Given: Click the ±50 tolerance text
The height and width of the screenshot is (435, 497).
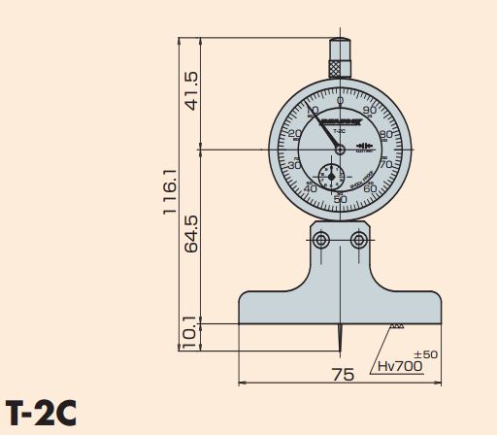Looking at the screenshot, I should pyautogui.click(x=425, y=354).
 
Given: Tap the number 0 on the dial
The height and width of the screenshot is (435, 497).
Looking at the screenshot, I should pyautogui.click(x=340, y=101).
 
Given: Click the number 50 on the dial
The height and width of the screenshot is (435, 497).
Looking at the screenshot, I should pyautogui.click(x=340, y=198).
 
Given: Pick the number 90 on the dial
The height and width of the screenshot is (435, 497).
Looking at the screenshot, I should pyautogui.click(x=369, y=111).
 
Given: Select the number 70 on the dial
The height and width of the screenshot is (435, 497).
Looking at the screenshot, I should pyautogui.click(x=385, y=165).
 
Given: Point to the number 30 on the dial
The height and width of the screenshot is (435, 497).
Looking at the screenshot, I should pyautogui.click(x=294, y=165).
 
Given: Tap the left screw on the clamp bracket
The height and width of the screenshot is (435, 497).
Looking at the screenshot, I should pyautogui.click(x=321, y=239).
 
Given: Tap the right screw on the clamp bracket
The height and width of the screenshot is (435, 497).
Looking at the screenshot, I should pyautogui.click(x=359, y=239).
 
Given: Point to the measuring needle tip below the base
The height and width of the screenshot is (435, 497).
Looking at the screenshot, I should pyautogui.click(x=340, y=350).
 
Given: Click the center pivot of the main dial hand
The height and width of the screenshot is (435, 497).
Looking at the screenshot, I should pyautogui.click(x=340, y=149).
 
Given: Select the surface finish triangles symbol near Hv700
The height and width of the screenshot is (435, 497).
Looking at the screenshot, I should pyautogui.click(x=396, y=327).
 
